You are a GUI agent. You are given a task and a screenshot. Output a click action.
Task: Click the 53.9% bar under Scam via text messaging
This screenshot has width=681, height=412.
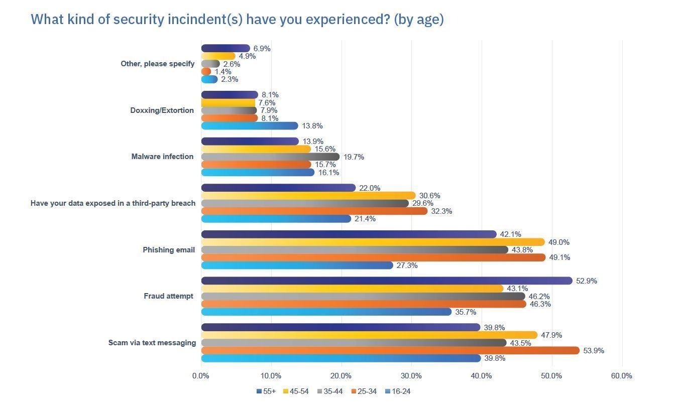pos(390,350)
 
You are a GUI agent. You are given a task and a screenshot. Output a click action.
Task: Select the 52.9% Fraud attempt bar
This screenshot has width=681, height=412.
pos(387,281)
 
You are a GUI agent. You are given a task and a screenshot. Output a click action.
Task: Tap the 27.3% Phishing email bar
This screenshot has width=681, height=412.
pos(297,265)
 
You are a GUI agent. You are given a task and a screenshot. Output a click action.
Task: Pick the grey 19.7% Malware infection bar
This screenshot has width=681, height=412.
pos(270,157)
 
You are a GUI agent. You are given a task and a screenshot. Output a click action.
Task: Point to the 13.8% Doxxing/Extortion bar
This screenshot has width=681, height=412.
pos(250,126)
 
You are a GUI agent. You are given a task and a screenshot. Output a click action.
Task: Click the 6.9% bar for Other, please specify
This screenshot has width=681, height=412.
pos(225,48)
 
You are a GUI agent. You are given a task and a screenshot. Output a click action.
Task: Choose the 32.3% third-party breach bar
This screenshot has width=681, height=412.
pos(314,211)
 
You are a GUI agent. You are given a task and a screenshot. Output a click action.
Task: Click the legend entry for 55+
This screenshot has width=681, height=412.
pos(266,391)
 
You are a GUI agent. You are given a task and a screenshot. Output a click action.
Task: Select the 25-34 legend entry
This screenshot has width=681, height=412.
pos(364,391)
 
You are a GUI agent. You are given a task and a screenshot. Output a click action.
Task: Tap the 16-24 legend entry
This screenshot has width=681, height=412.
pos(398,391)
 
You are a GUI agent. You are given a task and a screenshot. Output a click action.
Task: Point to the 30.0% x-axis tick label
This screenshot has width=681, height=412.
pos(411,376)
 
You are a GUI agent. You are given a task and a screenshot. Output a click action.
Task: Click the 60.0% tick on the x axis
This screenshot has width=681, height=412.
pos(622,376)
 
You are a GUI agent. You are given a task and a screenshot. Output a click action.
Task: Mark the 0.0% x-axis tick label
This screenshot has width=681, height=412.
pos(201,376)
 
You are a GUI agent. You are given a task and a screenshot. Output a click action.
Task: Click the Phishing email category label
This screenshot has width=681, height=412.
pos(169,250)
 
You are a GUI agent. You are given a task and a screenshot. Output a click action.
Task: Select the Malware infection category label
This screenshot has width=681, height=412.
pos(162,157)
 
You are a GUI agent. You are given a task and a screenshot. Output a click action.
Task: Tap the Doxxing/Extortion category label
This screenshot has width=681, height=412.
pos(162,110)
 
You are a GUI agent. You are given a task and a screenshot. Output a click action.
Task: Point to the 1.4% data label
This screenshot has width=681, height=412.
pos(223,72)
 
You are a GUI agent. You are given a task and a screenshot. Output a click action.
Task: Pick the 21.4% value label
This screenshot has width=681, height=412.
pos(365,219)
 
